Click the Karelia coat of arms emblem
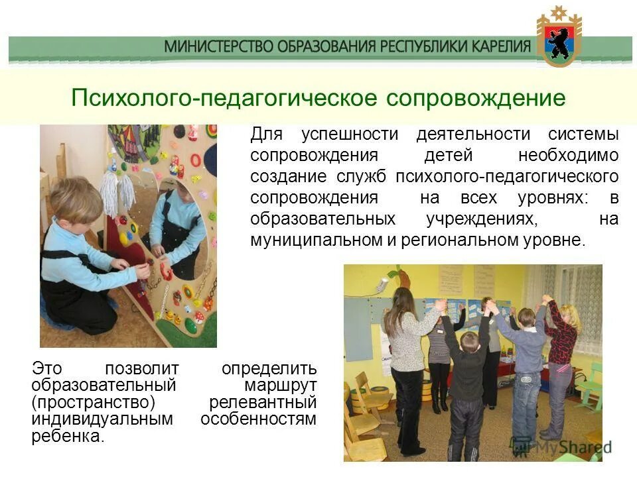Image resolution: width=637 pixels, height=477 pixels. coord(559,38)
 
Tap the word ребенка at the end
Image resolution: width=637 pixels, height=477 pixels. coord(68,437)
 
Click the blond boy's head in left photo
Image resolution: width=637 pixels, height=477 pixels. coord(76,199)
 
